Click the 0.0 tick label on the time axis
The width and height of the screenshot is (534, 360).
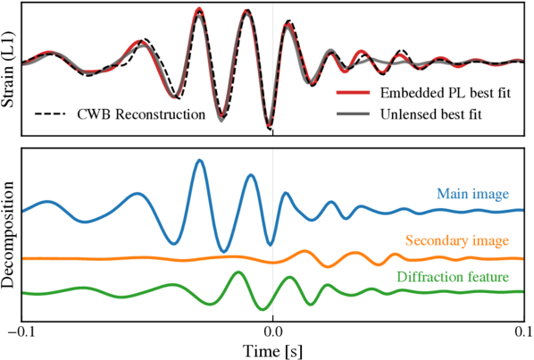272,331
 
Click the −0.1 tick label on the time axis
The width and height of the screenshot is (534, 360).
21,331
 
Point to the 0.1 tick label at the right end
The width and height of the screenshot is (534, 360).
524,331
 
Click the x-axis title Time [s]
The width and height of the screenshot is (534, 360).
272,351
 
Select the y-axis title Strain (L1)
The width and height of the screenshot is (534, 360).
8,70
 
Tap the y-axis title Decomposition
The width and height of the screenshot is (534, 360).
8,235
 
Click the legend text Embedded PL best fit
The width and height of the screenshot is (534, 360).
446,93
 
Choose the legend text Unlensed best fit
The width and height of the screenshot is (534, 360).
431,114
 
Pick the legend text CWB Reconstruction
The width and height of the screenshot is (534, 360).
141,114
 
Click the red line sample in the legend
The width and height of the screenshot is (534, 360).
353,92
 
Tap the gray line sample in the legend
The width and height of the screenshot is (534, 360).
353,113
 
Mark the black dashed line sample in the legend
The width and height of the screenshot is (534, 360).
50,114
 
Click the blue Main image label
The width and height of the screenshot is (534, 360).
472,194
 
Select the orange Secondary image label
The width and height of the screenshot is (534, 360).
457,240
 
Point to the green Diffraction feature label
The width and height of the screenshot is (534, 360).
453,277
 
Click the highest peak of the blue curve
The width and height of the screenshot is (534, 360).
200,160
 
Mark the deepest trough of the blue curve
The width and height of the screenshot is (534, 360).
223,251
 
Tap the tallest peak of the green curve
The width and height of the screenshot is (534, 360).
238,272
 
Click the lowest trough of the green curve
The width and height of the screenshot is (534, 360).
263,309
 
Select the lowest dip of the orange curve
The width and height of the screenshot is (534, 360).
328,267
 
